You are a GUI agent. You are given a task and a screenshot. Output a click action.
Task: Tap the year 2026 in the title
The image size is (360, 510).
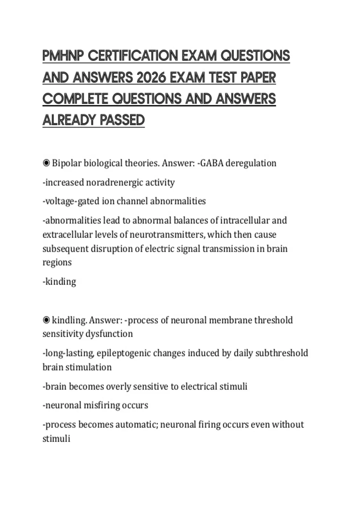151,78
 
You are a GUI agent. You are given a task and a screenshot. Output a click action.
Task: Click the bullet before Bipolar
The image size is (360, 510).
46,163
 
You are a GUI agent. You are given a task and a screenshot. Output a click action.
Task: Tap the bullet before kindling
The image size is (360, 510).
46,320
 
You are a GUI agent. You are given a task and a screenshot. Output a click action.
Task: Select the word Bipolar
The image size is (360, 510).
67,163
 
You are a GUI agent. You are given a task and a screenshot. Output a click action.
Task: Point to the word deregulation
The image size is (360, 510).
251,163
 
